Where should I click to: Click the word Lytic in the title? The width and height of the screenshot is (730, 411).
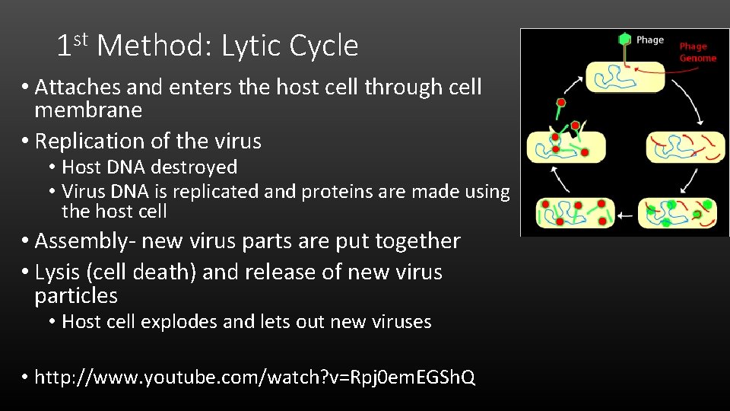tap(252, 47)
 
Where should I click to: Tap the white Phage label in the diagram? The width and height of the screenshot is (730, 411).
tap(649, 40)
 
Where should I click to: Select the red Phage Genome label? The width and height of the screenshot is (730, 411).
tap(697, 52)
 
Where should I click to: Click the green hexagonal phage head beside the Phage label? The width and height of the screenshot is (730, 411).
tap(624, 39)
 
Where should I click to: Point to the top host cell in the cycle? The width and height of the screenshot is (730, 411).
tap(624, 78)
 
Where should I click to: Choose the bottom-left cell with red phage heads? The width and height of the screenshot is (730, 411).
tap(575, 213)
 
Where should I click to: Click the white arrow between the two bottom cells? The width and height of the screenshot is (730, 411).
tap(624, 215)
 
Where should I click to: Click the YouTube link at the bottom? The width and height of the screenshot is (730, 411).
tap(255, 378)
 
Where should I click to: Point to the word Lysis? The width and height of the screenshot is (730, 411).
tap(56, 272)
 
